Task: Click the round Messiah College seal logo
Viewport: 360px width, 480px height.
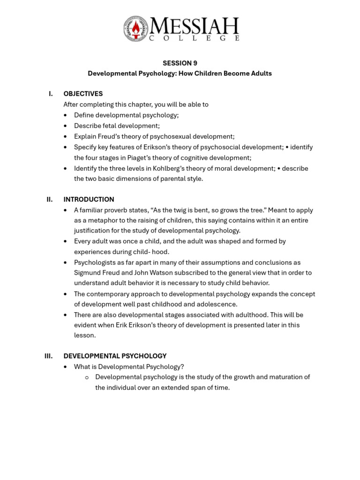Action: pos(135,29)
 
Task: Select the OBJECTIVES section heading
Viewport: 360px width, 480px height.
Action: pos(83,94)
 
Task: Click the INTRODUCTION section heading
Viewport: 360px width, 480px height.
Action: pos(89,199)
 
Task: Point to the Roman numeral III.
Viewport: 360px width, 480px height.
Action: pos(49,356)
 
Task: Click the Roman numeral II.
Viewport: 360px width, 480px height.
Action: pos(50,199)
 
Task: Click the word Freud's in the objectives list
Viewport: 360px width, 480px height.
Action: pos(107,136)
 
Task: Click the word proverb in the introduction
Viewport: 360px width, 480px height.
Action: pos(118,210)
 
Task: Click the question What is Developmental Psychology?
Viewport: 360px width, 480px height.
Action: pos(129,367)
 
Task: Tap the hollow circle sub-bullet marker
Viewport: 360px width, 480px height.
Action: pos(87,377)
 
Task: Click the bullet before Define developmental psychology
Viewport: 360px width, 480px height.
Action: pos(65,115)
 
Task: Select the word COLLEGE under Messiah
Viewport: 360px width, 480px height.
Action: pos(194,38)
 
